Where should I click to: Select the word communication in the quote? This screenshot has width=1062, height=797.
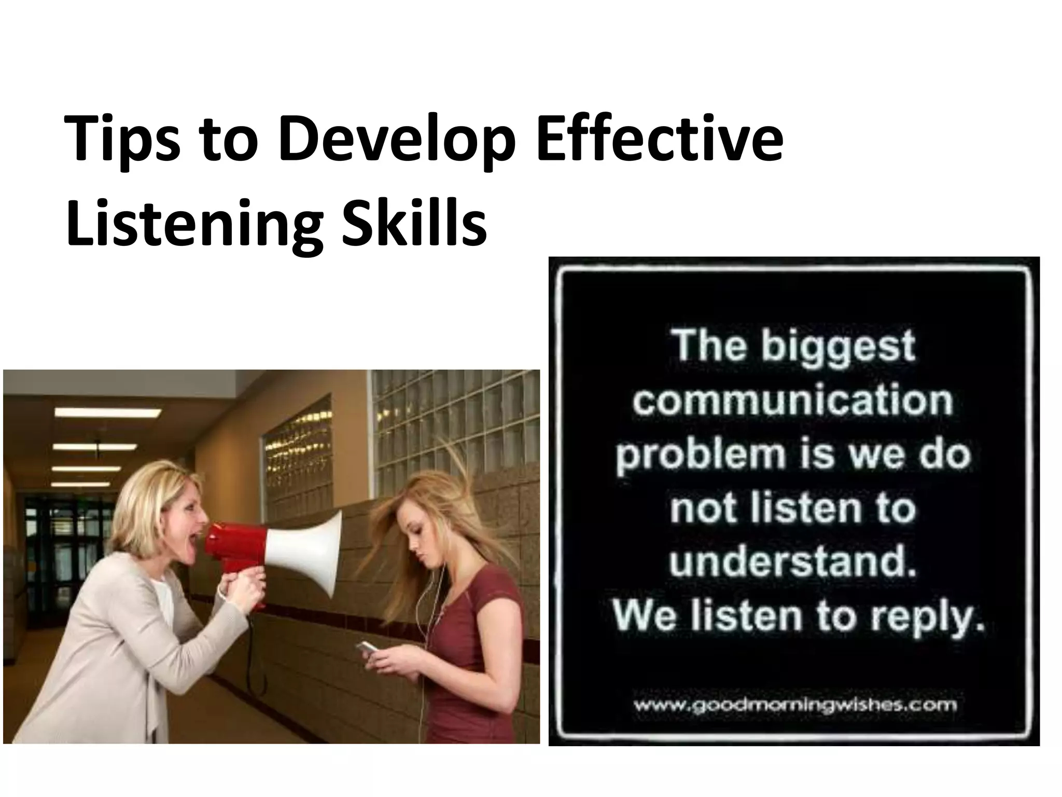coord(792,401)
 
